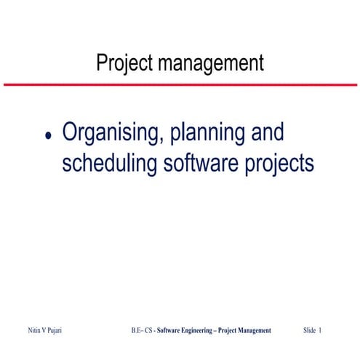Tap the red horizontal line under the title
tap(180, 85)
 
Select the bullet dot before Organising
tap(49, 136)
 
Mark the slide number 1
tap(320, 330)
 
